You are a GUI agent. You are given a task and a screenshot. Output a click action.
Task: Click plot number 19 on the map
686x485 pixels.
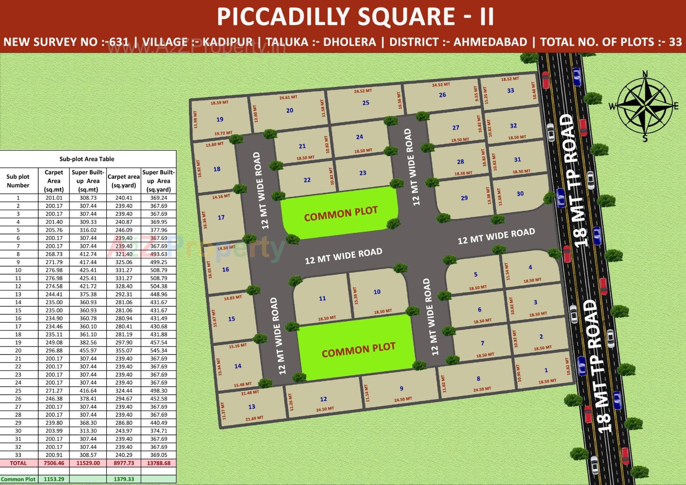[x=220, y=119]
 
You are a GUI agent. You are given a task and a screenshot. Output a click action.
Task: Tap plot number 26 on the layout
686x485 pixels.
[x=442, y=95]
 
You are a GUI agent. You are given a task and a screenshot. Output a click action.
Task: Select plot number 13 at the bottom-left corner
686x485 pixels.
[x=252, y=407]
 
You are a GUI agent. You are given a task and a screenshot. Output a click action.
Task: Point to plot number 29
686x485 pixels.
[x=464, y=198]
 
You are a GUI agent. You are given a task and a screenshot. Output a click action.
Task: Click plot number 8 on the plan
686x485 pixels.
[x=478, y=378]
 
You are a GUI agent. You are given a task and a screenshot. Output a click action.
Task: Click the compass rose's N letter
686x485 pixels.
[x=645, y=74]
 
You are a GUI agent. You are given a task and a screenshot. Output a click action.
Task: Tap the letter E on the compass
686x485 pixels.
[x=676, y=106]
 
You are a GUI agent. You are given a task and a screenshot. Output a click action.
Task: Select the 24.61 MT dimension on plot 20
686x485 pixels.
[x=288, y=97]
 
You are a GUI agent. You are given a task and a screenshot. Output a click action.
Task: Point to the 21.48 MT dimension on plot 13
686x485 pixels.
[x=250, y=392]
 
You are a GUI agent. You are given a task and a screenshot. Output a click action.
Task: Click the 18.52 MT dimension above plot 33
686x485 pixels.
[x=510, y=79]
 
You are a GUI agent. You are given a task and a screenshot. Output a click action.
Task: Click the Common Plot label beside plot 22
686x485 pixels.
[x=340, y=213]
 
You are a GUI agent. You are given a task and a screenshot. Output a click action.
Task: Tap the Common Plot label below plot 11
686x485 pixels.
[x=358, y=350]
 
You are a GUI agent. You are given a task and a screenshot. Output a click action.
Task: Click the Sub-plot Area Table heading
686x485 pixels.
[x=87, y=159]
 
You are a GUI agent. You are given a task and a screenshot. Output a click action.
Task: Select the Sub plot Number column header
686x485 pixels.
[x=18, y=181]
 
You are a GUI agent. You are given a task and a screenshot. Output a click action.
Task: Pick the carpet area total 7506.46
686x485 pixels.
[x=54, y=463]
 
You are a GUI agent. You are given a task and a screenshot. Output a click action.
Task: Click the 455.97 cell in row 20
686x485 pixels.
[x=88, y=351]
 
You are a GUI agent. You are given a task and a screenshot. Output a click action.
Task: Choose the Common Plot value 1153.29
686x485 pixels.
[x=54, y=479]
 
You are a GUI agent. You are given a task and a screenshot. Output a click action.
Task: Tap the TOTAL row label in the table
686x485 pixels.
[x=18, y=463]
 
